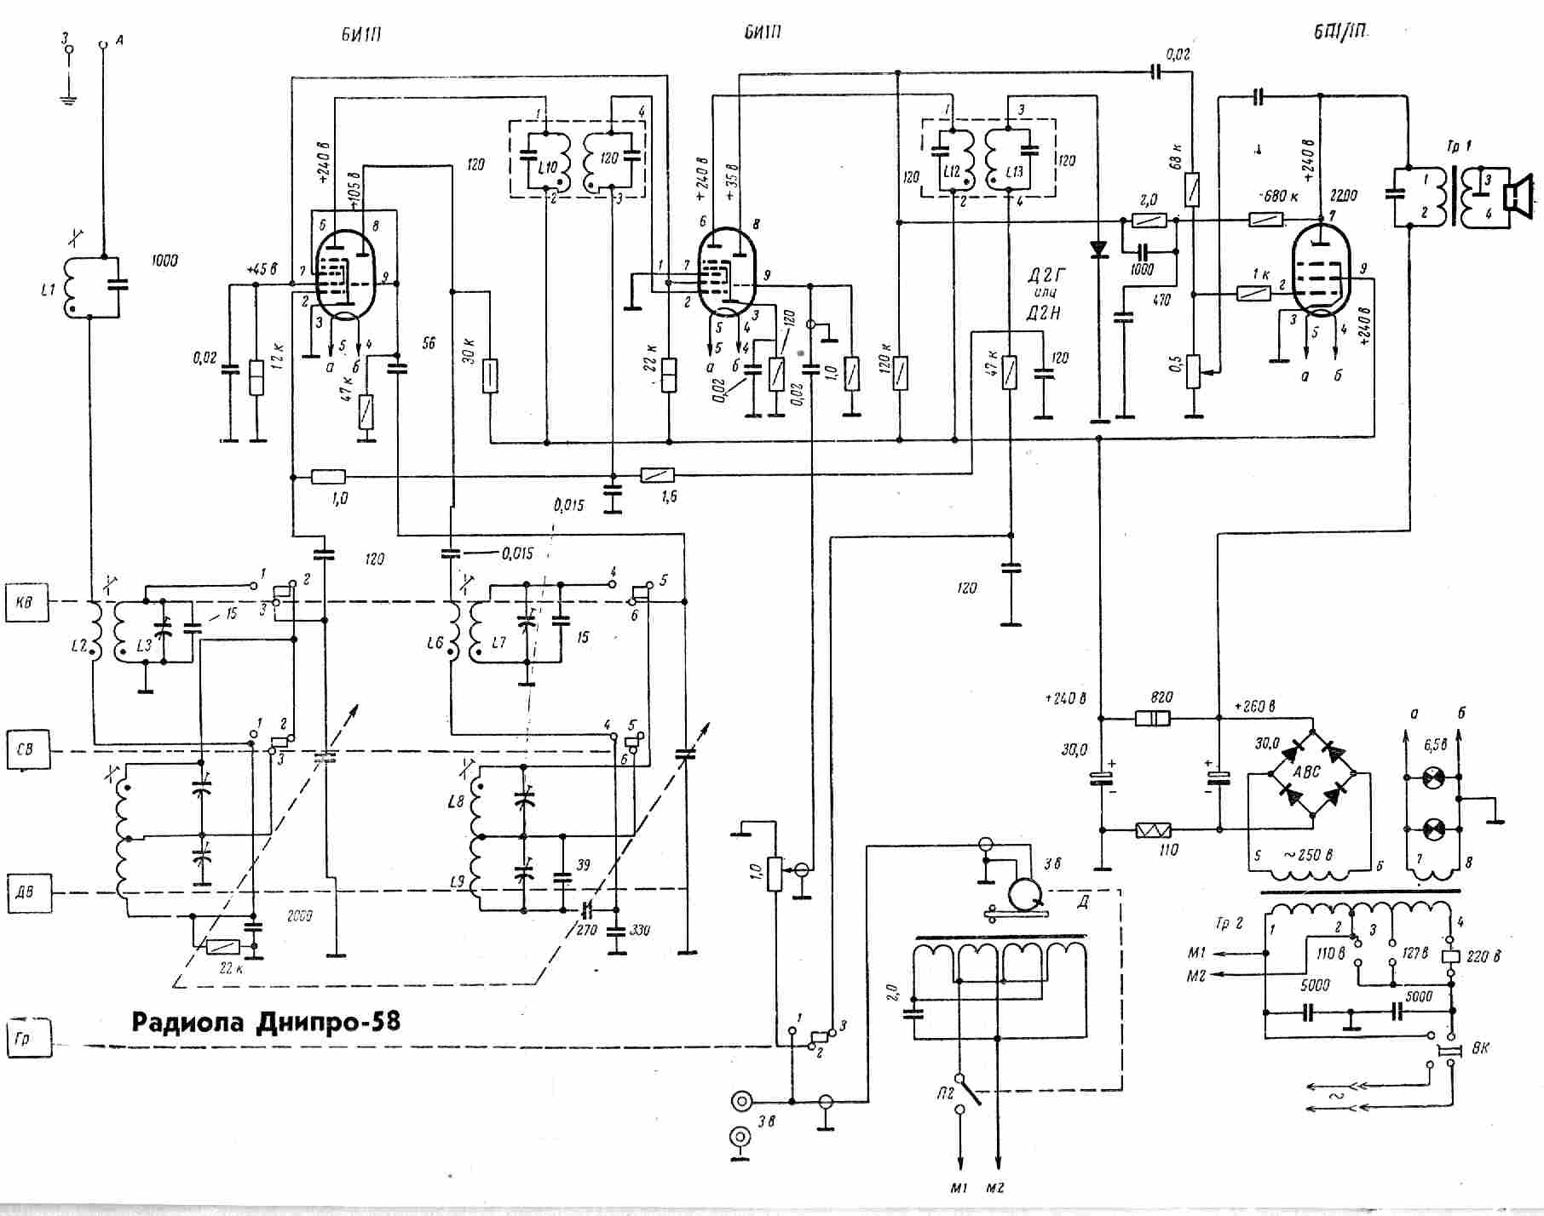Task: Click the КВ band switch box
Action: point(25,602)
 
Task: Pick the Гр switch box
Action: point(26,1038)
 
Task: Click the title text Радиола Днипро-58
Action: point(265,1021)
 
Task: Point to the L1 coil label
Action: point(48,290)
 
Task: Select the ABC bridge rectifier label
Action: point(1306,771)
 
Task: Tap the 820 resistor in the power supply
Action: point(1153,719)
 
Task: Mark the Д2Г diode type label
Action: point(1043,276)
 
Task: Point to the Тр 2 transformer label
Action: point(1228,923)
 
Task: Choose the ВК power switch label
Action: point(1481,1048)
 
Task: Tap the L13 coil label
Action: point(1013,172)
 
